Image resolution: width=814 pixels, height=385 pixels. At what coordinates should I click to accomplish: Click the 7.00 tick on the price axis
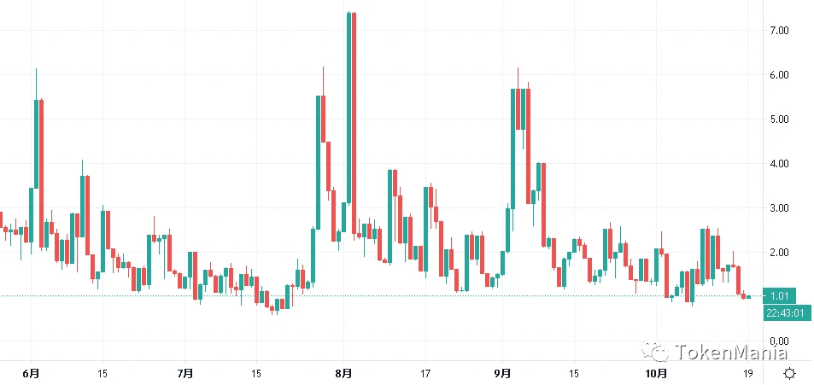778,31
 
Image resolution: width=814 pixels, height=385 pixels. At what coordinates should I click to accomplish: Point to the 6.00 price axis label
778,75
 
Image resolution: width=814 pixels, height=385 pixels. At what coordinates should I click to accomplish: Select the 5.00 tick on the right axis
778,120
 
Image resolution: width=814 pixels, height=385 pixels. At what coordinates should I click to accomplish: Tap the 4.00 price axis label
778,164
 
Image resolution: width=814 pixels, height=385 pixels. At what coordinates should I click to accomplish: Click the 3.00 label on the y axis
778,208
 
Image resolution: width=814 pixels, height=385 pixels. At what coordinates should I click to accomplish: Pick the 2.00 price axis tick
778,253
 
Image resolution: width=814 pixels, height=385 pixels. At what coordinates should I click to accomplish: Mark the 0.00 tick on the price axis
778,341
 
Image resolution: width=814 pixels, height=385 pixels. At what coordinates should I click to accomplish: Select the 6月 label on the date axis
32,374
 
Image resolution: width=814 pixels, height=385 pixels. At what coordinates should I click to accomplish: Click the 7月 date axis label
185,374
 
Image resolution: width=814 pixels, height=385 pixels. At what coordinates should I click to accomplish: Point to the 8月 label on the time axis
344,374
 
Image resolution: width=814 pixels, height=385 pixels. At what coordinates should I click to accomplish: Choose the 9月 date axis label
502,374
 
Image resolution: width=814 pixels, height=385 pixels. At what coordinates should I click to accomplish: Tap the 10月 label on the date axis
654,374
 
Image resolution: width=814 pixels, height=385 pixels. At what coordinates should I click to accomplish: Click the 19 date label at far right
747,374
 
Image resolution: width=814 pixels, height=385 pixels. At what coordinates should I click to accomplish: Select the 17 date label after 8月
425,374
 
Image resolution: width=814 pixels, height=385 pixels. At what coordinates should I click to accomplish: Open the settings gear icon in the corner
790,373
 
